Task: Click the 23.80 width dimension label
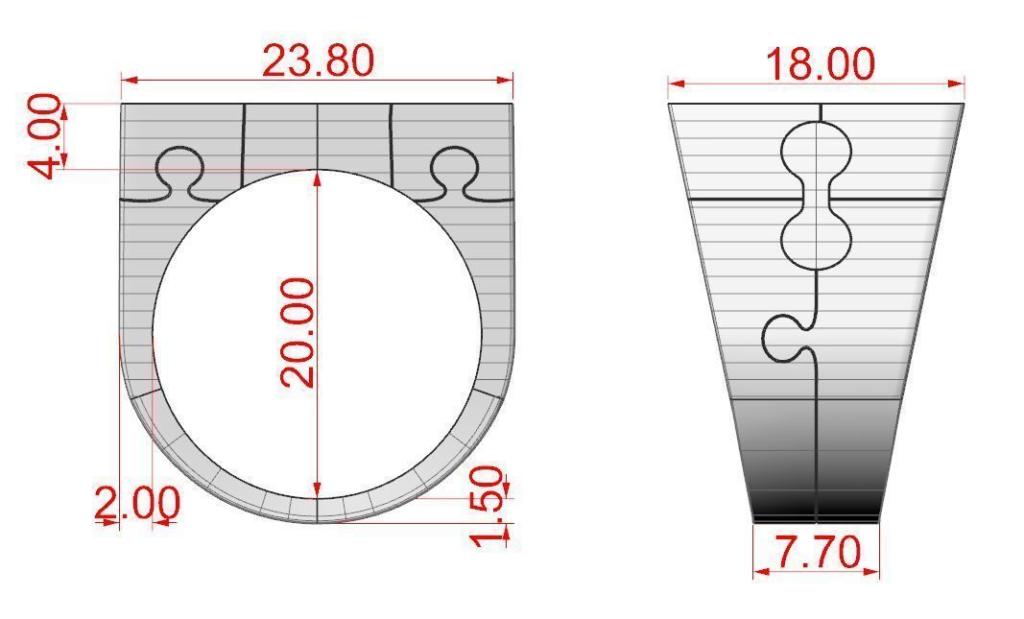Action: [x=318, y=60]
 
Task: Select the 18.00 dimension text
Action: [x=820, y=64]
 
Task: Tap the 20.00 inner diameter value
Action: [x=298, y=332]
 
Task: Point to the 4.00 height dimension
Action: [x=46, y=136]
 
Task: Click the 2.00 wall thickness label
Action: [x=136, y=503]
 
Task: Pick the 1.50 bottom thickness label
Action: [x=489, y=505]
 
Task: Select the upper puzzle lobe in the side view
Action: [x=817, y=150]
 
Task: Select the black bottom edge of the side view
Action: [x=817, y=518]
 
